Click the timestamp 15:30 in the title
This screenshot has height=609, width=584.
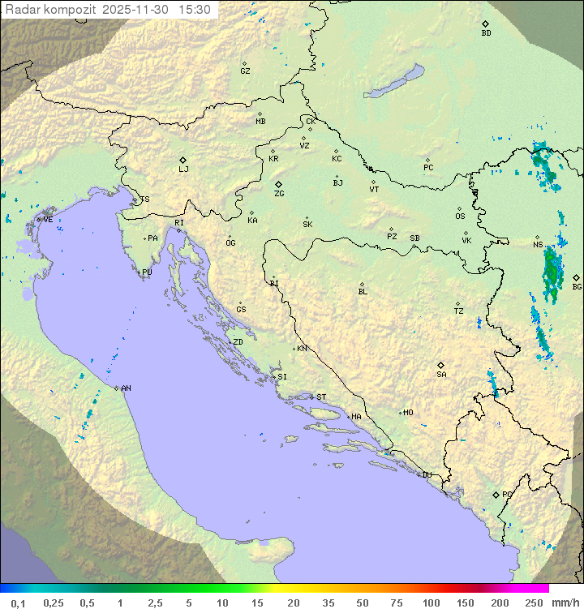(x=194, y=10)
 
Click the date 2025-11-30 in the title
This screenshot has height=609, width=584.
(x=139, y=10)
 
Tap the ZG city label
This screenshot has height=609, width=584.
(x=279, y=194)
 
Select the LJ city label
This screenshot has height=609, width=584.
(x=183, y=169)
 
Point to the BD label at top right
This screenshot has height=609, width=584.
(x=486, y=33)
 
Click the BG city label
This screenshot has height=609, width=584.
(x=577, y=286)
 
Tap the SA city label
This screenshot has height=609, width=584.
(x=441, y=374)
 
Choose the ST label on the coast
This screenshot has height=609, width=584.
(x=321, y=397)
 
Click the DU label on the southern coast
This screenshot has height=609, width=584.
(x=426, y=475)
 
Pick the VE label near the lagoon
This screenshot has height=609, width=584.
(x=48, y=220)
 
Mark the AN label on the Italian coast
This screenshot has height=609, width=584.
(x=126, y=388)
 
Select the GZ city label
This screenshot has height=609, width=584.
(x=245, y=71)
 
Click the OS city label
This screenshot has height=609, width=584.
(x=460, y=217)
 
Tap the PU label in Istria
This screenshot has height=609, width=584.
(x=147, y=272)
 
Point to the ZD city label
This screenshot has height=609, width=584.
(x=238, y=342)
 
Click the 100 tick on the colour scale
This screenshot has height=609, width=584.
(x=431, y=603)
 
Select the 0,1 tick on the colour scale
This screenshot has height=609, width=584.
(x=18, y=603)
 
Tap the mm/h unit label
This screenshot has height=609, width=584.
(x=562, y=603)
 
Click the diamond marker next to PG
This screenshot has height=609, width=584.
(x=496, y=494)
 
